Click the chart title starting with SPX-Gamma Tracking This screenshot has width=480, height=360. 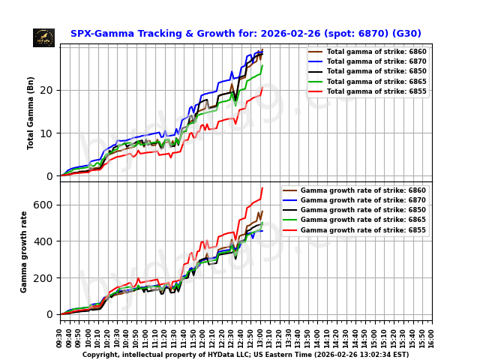click(245, 34)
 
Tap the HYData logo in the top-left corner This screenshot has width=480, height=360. click(43, 37)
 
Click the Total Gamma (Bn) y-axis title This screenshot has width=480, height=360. click(31, 112)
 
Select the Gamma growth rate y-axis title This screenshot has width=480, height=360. click(24, 251)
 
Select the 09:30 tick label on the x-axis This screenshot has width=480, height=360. click(60, 334)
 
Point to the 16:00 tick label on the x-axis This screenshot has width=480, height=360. click(432, 334)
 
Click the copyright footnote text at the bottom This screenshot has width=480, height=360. click(245, 355)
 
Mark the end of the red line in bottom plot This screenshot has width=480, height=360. click(262, 187)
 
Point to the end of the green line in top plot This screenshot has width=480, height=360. click(262, 65)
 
